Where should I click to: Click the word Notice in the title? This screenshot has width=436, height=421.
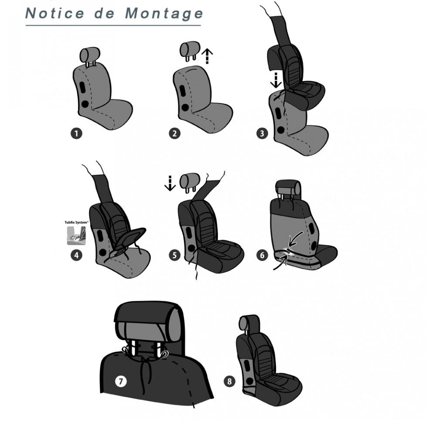55,13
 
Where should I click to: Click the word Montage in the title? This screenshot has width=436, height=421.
164,14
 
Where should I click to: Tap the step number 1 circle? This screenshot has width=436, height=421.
76,133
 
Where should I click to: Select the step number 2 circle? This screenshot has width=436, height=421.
175,133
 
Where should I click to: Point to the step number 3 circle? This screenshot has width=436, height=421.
262,133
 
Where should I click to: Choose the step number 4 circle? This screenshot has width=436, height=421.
76,255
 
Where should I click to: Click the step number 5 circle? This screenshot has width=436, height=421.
175,255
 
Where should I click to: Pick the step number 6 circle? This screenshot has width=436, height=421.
262,255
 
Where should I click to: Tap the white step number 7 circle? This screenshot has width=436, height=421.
121,381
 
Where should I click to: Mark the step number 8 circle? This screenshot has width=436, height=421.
229,381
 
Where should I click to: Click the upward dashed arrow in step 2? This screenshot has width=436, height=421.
207,56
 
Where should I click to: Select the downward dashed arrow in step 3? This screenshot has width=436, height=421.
276,80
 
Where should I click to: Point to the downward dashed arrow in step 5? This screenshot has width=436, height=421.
170,183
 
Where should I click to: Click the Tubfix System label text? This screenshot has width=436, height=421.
76,222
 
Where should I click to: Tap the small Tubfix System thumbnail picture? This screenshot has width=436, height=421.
76,235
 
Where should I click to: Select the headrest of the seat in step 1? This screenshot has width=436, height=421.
90,55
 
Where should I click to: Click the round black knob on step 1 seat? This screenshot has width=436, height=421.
85,104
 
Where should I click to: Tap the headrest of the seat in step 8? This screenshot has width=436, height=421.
247,323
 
